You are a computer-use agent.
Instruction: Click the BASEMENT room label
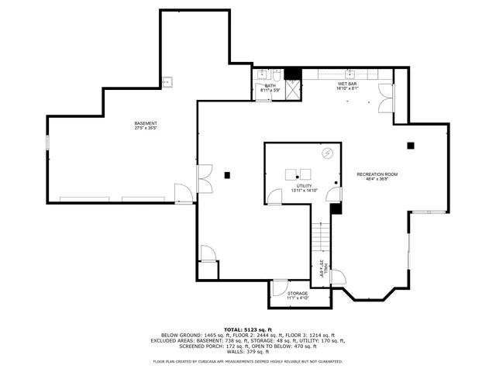click(x=145, y=124)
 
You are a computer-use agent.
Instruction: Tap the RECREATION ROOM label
click(x=377, y=174)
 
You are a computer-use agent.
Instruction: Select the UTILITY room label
click(x=303, y=185)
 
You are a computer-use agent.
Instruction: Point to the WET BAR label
click(x=346, y=84)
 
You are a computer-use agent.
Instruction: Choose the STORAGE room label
click(x=298, y=294)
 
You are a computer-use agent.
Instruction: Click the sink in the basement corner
click(x=167, y=81)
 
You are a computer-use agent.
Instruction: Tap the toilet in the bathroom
click(x=276, y=75)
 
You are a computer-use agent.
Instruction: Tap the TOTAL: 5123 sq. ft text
click(x=248, y=329)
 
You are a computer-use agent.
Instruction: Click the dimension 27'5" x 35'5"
click(x=145, y=129)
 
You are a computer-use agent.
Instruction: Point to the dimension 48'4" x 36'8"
click(x=377, y=180)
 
